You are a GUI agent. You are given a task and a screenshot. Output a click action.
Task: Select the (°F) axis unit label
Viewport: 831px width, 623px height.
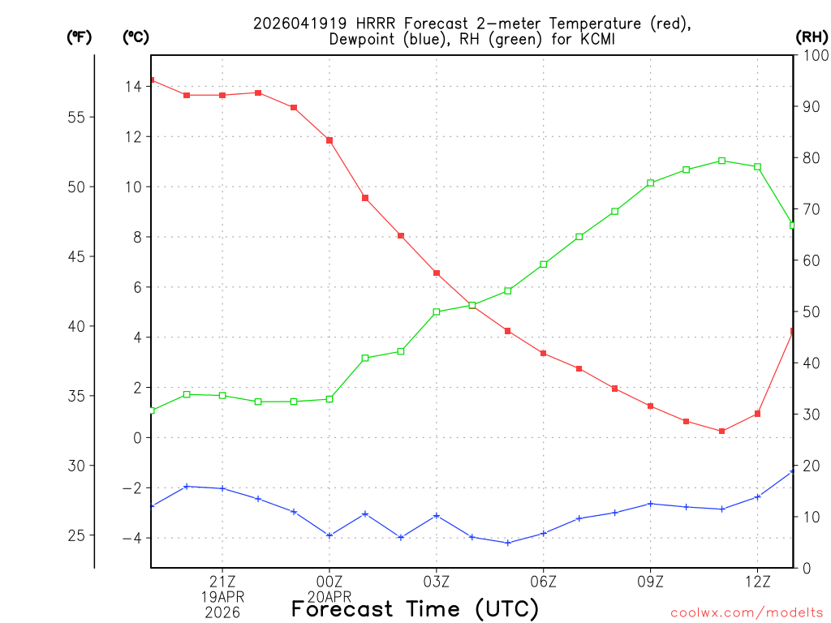pos(80,37)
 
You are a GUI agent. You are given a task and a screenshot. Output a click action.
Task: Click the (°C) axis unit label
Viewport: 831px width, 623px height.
pos(136,37)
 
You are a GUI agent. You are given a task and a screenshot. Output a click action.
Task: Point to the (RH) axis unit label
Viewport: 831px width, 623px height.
pos(811,37)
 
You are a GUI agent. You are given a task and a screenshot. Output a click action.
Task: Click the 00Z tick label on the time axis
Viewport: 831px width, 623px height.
pos(329,581)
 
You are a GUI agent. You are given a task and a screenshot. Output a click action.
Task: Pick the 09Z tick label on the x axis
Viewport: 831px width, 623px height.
pos(651,581)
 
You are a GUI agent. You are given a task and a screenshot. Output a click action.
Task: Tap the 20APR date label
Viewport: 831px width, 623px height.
pos(329,596)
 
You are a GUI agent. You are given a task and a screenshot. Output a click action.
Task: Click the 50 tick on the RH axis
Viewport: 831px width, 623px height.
pos(810,311)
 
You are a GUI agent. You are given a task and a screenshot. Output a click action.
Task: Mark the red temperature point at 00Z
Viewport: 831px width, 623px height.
pos(329,140)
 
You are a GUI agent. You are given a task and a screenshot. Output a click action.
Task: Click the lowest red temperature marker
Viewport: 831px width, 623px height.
pos(721,431)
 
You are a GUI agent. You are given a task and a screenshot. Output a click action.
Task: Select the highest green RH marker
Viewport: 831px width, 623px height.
pos(721,161)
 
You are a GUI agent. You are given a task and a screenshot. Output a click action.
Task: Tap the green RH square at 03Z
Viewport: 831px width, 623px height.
pos(437,311)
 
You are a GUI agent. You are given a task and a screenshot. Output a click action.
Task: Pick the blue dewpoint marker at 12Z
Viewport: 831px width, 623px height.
pos(757,496)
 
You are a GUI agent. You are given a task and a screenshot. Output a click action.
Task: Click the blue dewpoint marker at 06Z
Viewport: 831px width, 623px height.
pos(544,533)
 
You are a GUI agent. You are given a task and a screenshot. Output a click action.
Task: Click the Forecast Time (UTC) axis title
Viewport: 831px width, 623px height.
pos(415,608)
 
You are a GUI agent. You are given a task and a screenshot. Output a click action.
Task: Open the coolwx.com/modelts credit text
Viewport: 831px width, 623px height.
pos(746,612)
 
